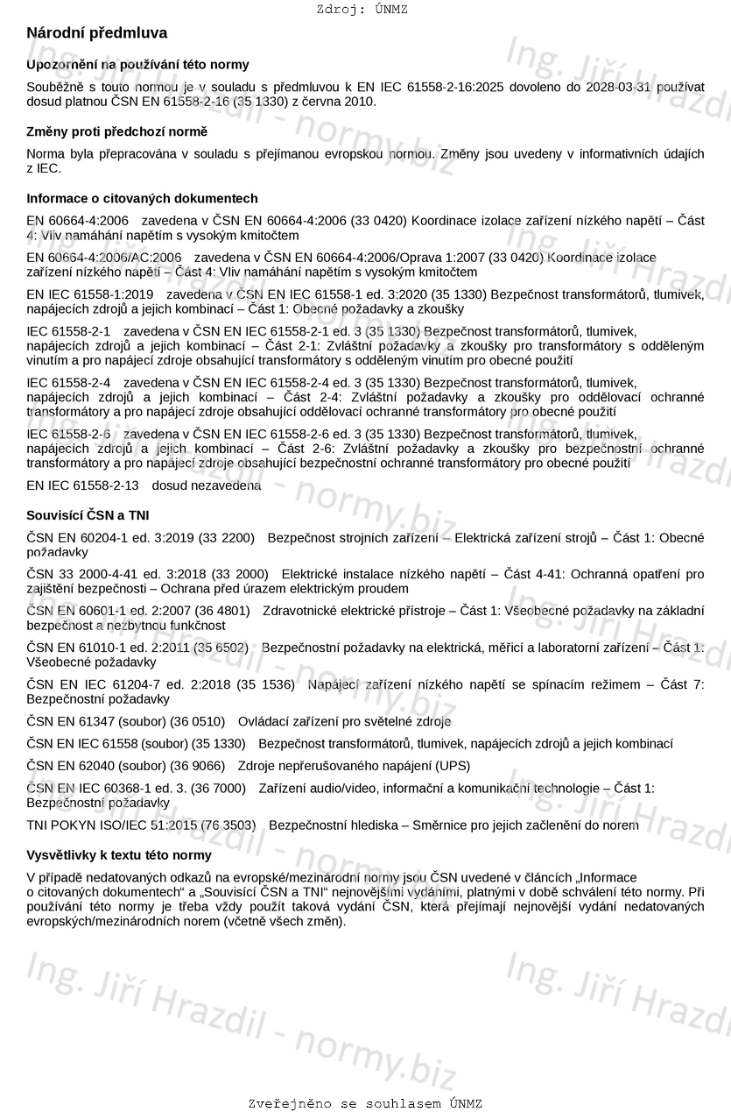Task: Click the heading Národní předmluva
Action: tap(96, 33)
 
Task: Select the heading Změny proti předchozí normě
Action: tap(116, 131)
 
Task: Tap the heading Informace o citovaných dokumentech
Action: tap(142, 198)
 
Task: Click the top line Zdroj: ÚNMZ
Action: tap(362, 10)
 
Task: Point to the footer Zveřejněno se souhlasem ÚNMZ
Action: tap(365, 1103)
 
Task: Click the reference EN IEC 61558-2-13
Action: tap(82, 485)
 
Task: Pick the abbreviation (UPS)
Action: tap(453, 765)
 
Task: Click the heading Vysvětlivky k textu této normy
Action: tap(118, 854)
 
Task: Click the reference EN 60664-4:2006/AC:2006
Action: tap(104, 258)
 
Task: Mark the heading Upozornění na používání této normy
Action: tap(137, 64)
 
